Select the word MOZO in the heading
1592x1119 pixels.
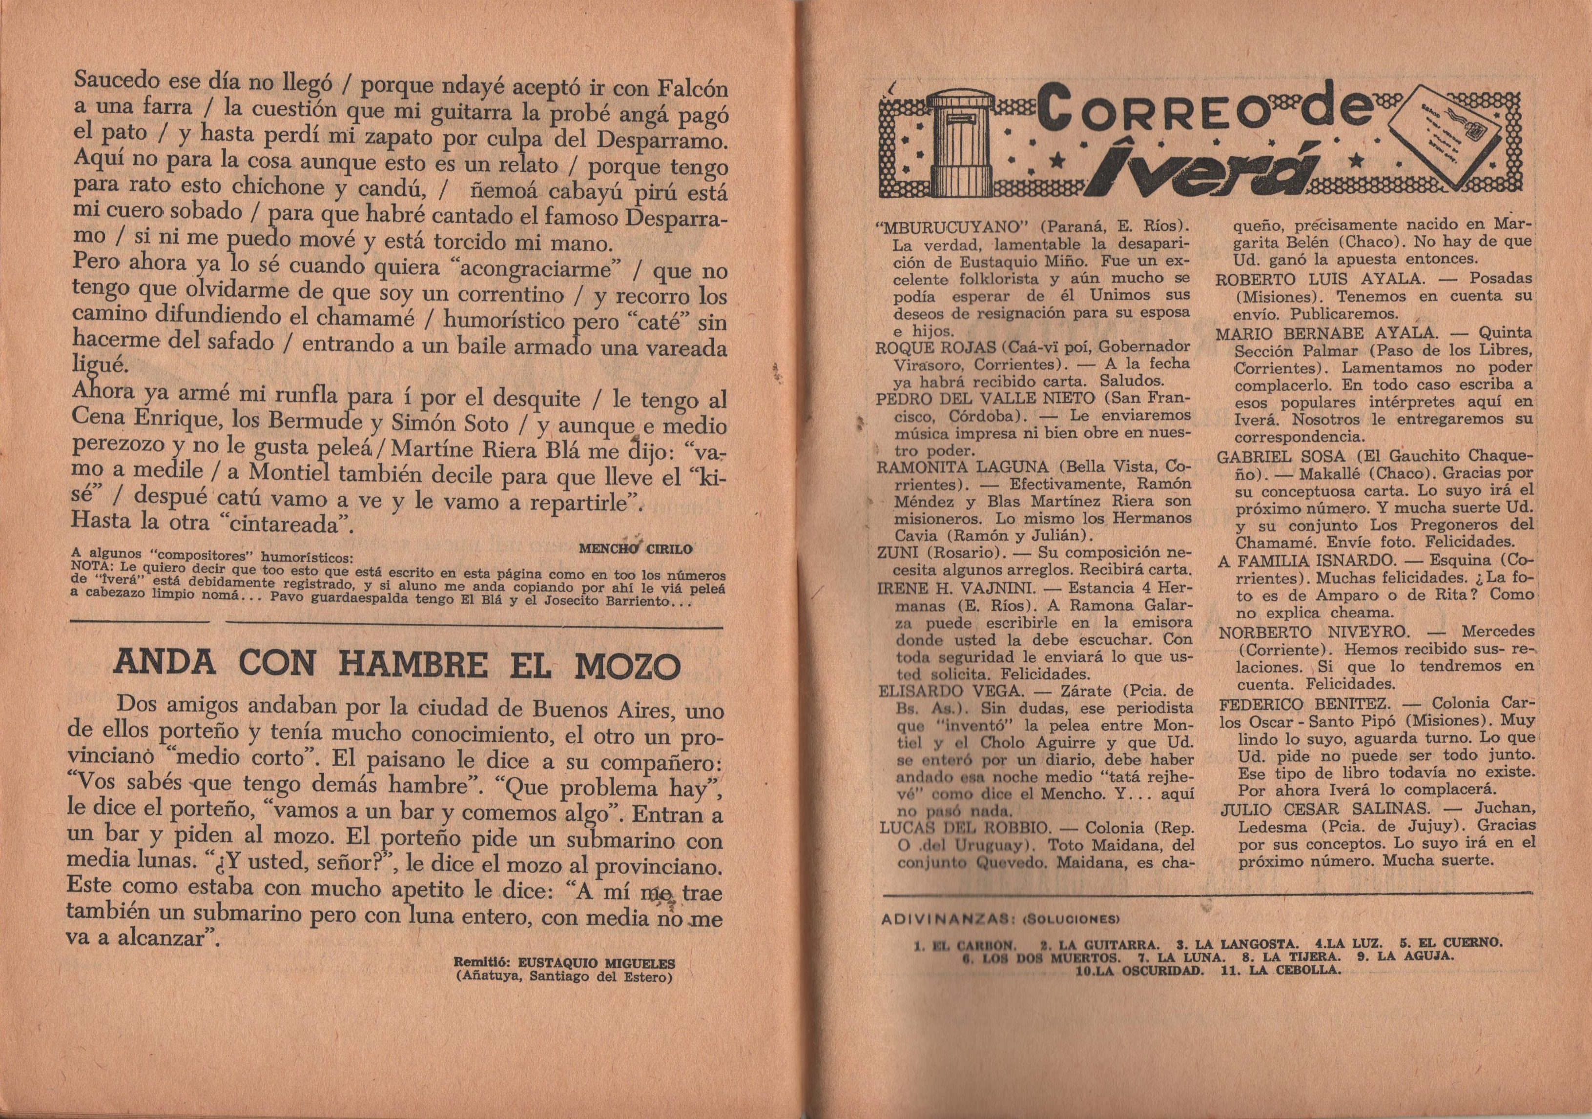click(x=625, y=666)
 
